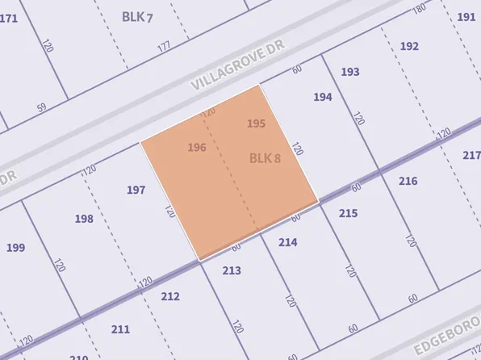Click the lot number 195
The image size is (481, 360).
pos(256,123)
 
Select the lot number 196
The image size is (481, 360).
pos(197,147)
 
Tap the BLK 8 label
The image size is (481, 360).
pos(265,158)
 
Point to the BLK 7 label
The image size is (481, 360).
pos(138,16)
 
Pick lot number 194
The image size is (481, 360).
pos(322,97)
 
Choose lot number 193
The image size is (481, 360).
pos(349,72)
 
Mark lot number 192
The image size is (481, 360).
pos(409,46)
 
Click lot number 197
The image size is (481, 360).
pos(136,190)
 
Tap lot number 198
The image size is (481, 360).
pos(84,219)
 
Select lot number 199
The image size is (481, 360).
pos(15,247)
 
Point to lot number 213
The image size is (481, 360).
pos(232,270)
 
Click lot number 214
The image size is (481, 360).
pos(287,242)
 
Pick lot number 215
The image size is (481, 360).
pos(348,213)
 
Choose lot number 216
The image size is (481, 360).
pos(408,181)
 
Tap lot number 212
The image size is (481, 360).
pos(170,297)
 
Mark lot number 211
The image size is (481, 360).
pos(119,329)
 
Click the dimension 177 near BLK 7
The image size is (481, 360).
pos(165,46)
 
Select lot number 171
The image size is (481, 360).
pos(8,18)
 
